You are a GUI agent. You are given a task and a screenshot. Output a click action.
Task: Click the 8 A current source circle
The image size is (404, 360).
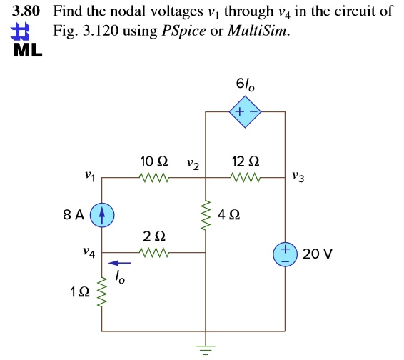pyautogui.click(x=102, y=215)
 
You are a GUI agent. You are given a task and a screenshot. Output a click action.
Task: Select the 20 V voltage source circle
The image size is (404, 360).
pyautogui.click(x=286, y=254)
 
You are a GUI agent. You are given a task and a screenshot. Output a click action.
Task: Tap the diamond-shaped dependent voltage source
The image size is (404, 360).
pyautogui.click(x=245, y=112)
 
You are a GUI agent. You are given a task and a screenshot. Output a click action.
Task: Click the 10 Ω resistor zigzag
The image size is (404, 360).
pyautogui.click(x=153, y=177)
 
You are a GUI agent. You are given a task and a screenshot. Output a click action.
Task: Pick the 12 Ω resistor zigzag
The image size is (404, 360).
pyautogui.click(x=246, y=177)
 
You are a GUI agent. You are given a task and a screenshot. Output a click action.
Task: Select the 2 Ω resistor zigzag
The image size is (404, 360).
pyautogui.click(x=153, y=252)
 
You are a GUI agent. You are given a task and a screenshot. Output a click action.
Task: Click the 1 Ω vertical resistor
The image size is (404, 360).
pyautogui.click(x=102, y=293)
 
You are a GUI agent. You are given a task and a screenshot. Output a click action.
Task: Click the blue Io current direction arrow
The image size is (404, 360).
pyautogui.click(x=119, y=263)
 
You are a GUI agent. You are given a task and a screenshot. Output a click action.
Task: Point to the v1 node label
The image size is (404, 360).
pyautogui.click(x=90, y=176)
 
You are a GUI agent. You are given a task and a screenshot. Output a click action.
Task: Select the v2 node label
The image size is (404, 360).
pyautogui.click(x=193, y=165)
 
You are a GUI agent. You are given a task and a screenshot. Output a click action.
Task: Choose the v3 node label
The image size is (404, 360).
pyautogui.click(x=298, y=177)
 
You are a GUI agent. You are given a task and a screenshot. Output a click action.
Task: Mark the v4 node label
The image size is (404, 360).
pyautogui.click(x=89, y=252)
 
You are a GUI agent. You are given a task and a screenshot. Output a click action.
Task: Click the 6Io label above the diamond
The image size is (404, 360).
pyautogui.click(x=245, y=84)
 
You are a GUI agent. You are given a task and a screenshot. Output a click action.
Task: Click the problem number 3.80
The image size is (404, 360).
pyautogui.click(x=26, y=11)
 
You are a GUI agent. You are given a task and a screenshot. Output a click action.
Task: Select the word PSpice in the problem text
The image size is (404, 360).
pyautogui.click(x=183, y=31)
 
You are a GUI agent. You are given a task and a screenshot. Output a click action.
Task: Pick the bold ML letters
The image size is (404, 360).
pyautogui.click(x=28, y=50)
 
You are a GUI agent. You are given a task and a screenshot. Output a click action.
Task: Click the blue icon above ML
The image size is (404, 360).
pyautogui.click(x=20, y=31)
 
